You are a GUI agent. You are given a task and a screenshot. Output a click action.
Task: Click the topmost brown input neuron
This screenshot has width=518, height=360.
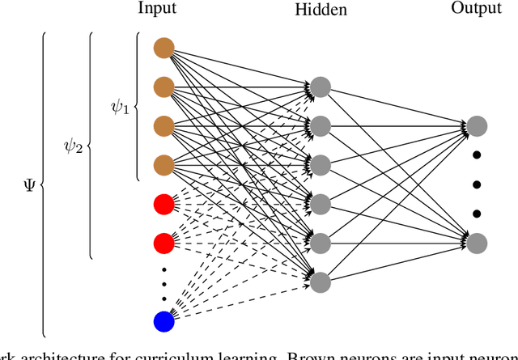click(164, 48)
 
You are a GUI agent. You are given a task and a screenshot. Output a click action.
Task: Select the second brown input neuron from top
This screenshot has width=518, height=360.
click(164, 87)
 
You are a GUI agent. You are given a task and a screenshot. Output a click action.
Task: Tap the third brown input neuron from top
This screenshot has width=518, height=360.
click(164, 125)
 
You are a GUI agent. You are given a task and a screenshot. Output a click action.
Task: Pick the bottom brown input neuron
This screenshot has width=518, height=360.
click(164, 164)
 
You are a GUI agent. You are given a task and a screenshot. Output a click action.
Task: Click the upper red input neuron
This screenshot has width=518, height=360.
click(164, 203)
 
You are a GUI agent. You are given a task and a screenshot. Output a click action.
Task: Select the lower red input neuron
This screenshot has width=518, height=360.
click(164, 242)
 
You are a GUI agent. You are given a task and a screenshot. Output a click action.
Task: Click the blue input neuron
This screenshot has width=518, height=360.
click(164, 320)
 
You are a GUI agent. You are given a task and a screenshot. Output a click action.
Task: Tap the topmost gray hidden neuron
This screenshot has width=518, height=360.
click(321, 87)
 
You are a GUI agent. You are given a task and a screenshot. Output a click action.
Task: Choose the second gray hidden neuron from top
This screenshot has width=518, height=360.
click(321, 125)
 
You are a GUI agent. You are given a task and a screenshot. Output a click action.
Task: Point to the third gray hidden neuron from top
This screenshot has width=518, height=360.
click(321, 164)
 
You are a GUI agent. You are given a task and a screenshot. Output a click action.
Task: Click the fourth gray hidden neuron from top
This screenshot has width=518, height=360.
click(321, 203)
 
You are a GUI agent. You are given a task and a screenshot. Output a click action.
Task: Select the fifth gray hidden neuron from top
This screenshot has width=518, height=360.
click(321, 242)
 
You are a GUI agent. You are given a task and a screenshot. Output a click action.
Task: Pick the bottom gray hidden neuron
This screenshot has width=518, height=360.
click(321, 281)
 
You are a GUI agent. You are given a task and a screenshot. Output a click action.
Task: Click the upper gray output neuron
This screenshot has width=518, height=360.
click(476, 125)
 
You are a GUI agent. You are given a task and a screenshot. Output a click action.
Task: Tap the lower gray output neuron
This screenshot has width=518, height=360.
click(476, 242)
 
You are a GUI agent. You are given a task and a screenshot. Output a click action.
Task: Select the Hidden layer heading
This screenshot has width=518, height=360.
click(321, 11)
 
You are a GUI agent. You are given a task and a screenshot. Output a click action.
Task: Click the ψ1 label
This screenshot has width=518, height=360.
click(119, 106)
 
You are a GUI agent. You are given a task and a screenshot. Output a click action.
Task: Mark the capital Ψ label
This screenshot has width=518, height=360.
click(30, 184)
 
